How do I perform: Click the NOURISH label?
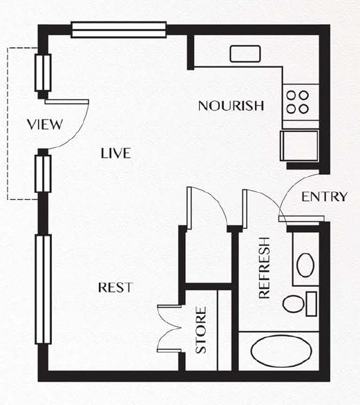231,106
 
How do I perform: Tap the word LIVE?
115,153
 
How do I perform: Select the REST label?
115,288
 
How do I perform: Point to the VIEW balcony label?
45,124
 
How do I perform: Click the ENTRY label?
325,197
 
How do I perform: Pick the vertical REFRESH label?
265,268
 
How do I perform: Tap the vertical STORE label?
201,330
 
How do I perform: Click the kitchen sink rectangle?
245,54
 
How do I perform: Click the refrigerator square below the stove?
299,146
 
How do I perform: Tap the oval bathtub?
281,351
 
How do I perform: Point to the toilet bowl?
293,304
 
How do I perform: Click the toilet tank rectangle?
312,304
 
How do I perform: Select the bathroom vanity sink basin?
305,265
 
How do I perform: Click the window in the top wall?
119,30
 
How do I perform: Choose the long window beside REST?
43,290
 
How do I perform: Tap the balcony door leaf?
67,102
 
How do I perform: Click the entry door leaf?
301,219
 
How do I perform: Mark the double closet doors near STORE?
170,328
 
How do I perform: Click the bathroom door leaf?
245,209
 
